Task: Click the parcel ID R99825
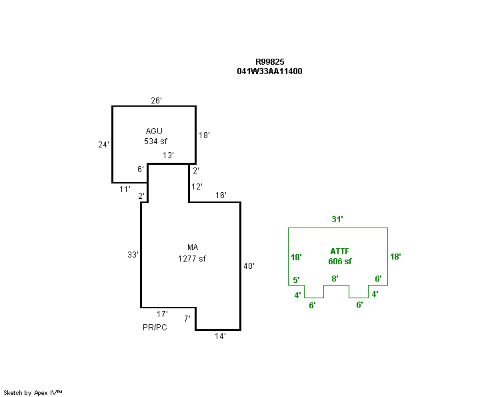tap(269, 61)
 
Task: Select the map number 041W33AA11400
tap(269, 71)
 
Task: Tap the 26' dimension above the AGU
tap(157, 101)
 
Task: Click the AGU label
tap(154, 131)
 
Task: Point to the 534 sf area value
tap(155, 141)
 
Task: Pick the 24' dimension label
tap(103, 144)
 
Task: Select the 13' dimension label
tap(169, 155)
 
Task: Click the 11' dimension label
tap(124, 190)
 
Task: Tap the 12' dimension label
tap(197, 187)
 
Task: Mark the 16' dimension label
tap(221, 196)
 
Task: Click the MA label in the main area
tap(193, 248)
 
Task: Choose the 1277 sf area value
tap(192, 258)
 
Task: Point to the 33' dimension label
tap(133, 255)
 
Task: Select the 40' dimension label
tap(249, 266)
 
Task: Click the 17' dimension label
tap(162, 314)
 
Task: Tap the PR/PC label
tap(155, 328)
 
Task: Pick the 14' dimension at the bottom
tap(220, 336)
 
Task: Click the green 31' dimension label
tap(338, 219)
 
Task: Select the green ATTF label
tap(339, 251)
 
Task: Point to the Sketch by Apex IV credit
tap(33, 393)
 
